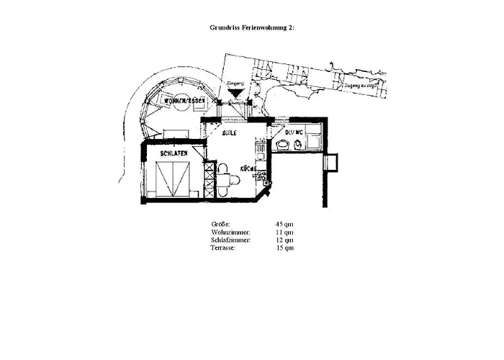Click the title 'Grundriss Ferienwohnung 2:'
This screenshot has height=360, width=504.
(252, 27)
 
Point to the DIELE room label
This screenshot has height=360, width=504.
(230, 133)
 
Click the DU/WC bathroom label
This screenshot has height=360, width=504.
(293, 132)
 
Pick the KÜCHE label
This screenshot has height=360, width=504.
(250, 168)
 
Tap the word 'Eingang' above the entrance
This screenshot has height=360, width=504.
(235, 84)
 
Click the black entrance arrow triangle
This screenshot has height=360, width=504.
(235, 93)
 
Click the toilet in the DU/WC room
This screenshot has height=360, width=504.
(297, 145)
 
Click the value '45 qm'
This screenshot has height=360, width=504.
(284, 225)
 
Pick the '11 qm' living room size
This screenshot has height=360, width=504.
(284, 233)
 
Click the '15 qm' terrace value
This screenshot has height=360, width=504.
(284, 248)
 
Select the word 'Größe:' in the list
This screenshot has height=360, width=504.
(220, 225)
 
